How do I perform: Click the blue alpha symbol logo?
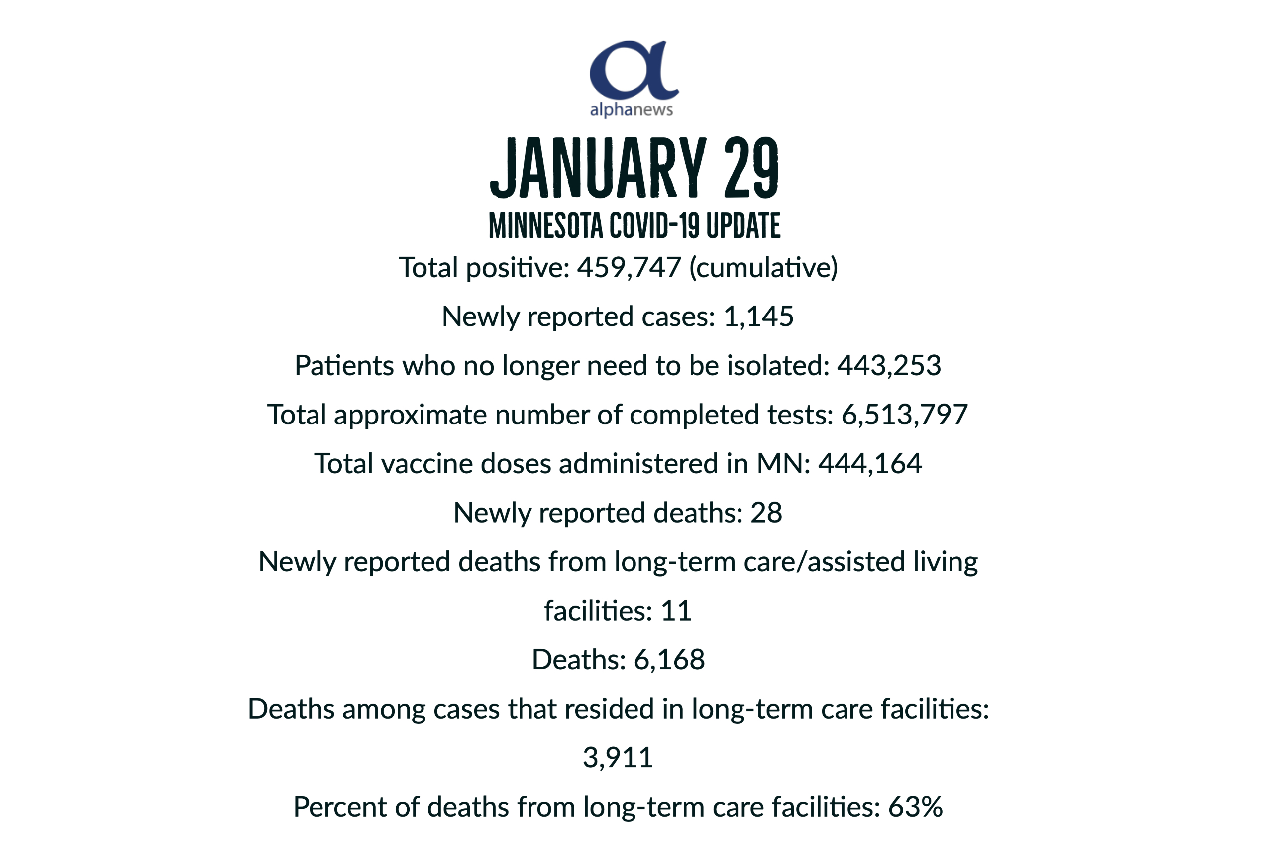click(x=634, y=70)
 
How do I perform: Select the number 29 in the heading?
click(x=751, y=168)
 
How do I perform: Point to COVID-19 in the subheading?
click(x=654, y=226)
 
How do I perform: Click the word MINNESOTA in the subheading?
click(x=545, y=226)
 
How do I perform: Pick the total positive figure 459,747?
click(x=629, y=268)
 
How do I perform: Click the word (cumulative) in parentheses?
click(x=763, y=268)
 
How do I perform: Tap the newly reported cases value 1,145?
click(x=758, y=317)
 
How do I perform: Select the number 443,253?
click(x=889, y=366)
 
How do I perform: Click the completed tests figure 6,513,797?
click(x=904, y=415)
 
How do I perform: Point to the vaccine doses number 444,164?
click(x=870, y=464)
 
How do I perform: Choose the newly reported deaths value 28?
click(x=766, y=513)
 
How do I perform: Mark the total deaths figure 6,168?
click(x=669, y=660)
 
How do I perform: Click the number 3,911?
click(x=618, y=758)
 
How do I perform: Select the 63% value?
click(x=915, y=807)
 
